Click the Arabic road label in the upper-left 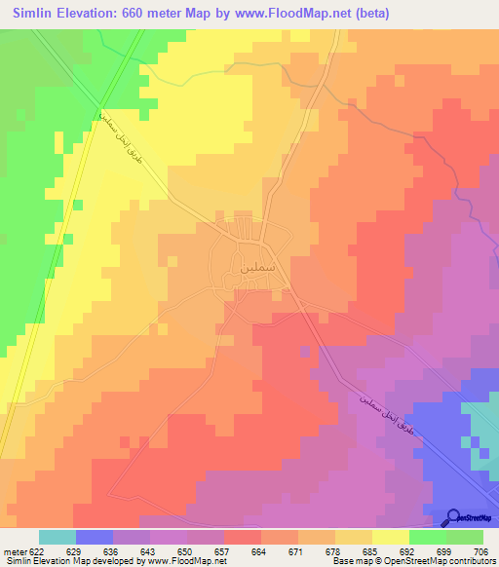click(129, 147)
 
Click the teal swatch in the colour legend click(57, 537)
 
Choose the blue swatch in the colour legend click(94, 537)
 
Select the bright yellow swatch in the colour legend click(390, 537)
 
